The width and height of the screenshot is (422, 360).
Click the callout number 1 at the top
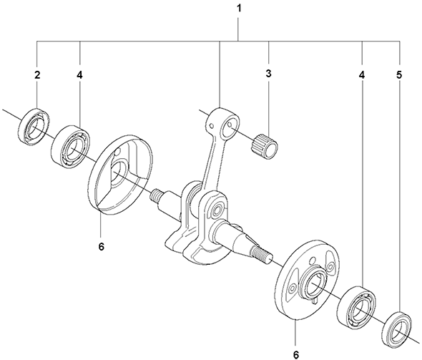click(238, 9)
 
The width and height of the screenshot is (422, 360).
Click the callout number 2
click(37, 75)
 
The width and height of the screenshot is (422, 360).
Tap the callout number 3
click(269, 74)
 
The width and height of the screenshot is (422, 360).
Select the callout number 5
click(399, 75)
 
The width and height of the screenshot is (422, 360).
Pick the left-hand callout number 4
click(79, 75)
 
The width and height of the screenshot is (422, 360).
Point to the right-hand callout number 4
click(362, 75)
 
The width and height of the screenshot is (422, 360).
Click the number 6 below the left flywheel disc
click(101, 246)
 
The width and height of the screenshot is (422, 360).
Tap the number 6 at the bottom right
click(296, 355)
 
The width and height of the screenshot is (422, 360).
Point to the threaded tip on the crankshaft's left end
click(155, 195)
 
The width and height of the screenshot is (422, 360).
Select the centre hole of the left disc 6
click(117, 176)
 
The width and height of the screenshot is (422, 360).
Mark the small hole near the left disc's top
click(117, 152)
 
